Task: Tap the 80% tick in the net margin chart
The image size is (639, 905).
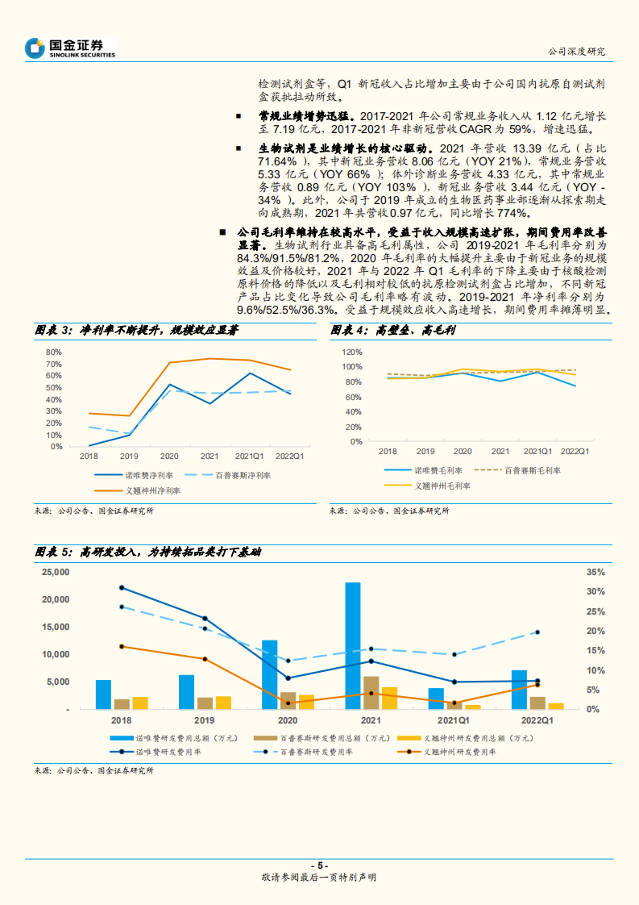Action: point(54,352)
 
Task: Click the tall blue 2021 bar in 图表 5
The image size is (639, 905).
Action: point(353,645)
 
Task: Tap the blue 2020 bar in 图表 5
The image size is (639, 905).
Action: point(270,674)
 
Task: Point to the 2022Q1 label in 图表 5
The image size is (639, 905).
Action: point(535,720)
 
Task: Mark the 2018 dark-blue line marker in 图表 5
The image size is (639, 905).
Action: point(122,587)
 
